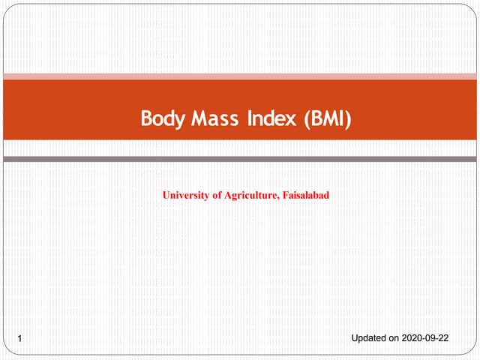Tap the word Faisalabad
click(306, 196)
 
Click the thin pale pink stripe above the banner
click(240, 76)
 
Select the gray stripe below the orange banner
click(240, 159)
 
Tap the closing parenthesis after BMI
click(349, 119)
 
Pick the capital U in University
click(166, 196)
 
